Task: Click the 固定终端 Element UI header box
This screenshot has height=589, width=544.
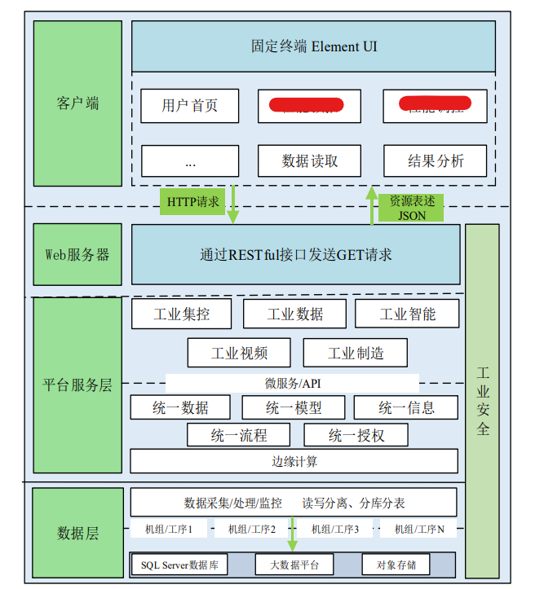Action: tap(313, 46)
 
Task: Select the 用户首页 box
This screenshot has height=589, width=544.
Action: tap(190, 106)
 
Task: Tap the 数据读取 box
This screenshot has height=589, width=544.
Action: tap(309, 160)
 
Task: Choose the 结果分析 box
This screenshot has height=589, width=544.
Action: tap(436, 160)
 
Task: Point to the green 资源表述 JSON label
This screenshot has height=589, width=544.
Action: tap(411, 208)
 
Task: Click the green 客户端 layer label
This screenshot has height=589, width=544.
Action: tap(77, 103)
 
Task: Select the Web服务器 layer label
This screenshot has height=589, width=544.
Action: tap(77, 254)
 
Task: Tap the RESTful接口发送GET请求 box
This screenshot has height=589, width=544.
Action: tap(295, 254)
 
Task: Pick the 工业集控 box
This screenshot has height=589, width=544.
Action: tap(181, 314)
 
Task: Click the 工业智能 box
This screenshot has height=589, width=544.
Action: tap(407, 314)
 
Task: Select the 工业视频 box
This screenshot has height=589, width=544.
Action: tap(239, 353)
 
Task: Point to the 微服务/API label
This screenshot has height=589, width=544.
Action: tap(292, 383)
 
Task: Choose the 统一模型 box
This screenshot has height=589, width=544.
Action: tap(294, 407)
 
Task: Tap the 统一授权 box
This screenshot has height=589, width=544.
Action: tap(356, 435)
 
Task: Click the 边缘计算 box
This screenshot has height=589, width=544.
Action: tap(294, 461)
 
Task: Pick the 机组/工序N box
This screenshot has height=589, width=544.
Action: tap(419, 530)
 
